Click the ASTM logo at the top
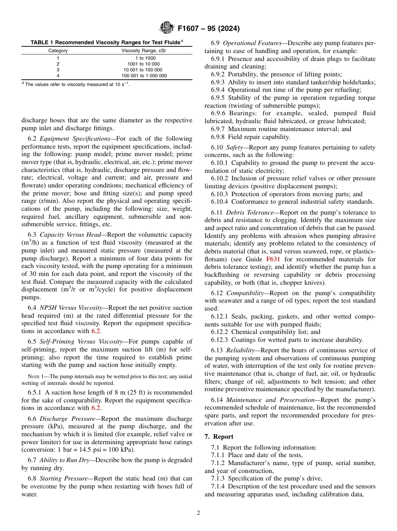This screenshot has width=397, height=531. [167, 29]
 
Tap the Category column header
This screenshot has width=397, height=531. [58, 51]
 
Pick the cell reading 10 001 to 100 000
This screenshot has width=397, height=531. [143, 70]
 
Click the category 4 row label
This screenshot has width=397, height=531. [58, 76]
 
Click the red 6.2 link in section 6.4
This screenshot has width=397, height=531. [96, 331]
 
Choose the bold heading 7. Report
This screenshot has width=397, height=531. [219, 436]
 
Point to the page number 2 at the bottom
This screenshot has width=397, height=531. [198, 513]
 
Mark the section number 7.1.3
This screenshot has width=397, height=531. [219, 478]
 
